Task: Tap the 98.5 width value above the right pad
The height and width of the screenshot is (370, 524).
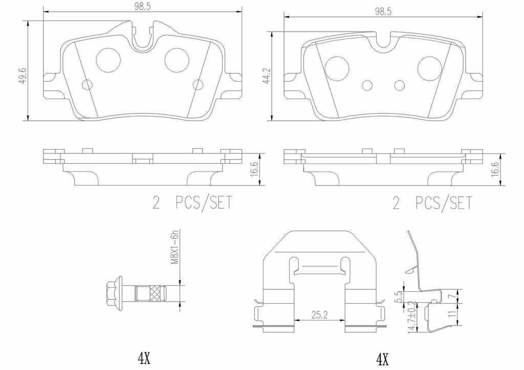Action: [382, 12]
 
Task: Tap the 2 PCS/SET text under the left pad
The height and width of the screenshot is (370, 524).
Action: [192, 203]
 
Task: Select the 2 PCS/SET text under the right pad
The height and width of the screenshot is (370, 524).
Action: [431, 203]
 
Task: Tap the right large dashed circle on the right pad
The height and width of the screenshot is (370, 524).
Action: [429, 68]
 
